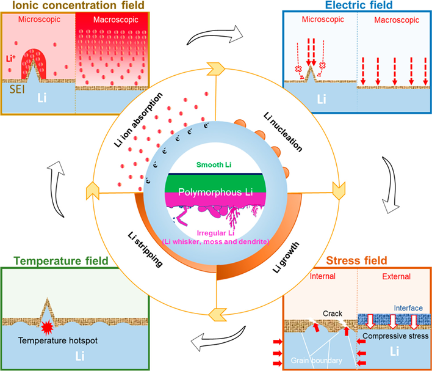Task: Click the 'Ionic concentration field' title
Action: [73, 6]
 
